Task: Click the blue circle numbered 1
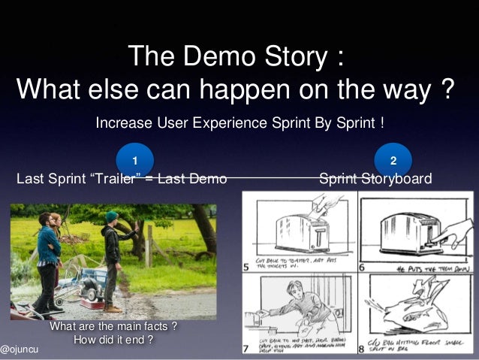tap(135, 160)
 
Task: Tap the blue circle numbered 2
tap(393, 160)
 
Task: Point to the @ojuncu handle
tap(20, 350)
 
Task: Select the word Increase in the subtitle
tap(122, 122)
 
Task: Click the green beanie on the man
tap(111, 216)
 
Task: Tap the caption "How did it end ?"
tap(113, 340)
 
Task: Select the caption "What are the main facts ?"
tap(113, 327)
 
